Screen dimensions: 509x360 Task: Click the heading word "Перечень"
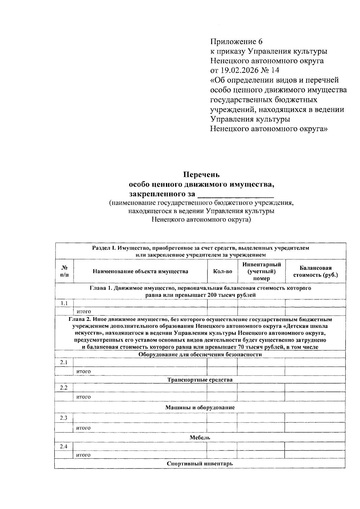[201, 174]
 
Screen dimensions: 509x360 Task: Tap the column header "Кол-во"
[222, 272]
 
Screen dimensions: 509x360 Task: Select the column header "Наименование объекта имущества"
[140, 272]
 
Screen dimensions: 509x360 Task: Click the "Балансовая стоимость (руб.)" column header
[315, 271]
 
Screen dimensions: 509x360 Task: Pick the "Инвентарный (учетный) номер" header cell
[261, 271]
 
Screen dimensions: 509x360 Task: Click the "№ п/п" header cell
[64, 271]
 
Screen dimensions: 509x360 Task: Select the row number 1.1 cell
[64, 303]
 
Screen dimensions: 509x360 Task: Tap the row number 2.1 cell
[64, 362]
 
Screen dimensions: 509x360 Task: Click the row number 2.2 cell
[64, 388]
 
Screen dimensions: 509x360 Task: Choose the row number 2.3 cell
[64, 418]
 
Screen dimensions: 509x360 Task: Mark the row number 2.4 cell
[64, 447]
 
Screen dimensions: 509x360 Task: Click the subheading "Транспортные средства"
[200, 380]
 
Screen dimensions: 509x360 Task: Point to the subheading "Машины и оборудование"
[200, 408]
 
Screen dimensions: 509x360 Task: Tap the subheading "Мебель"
[200, 437]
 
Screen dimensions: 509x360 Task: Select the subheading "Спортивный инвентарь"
[200, 464]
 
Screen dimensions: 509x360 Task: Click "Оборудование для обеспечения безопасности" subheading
[200, 355]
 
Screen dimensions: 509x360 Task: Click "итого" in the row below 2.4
[83, 455]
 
